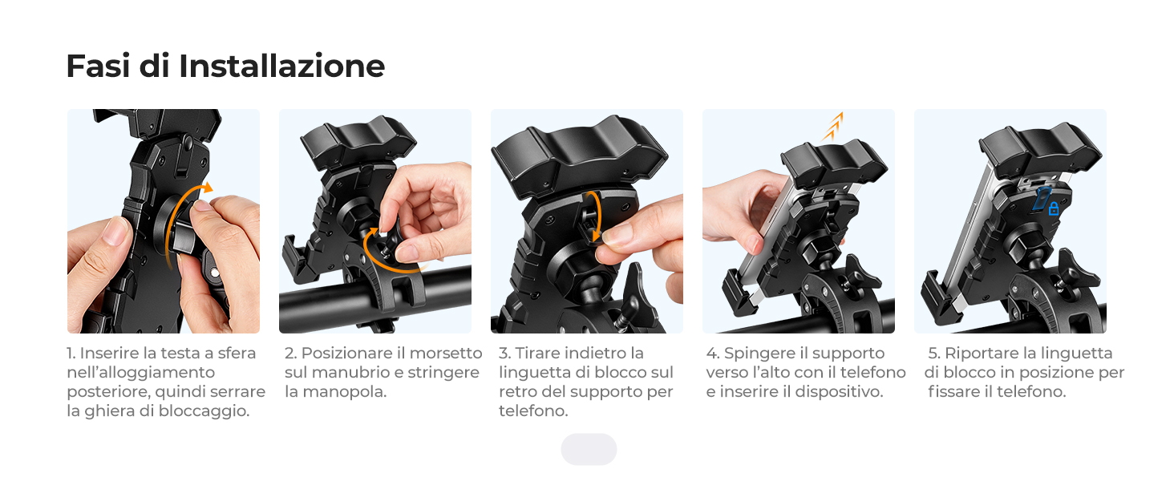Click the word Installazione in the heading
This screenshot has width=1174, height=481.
tap(282, 66)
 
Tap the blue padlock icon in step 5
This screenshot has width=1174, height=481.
tap(1054, 209)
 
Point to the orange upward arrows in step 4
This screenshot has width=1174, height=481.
tap(834, 127)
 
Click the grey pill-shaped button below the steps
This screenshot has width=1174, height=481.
tap(589, 449)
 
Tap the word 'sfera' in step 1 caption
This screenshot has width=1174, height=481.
tap(237, 354)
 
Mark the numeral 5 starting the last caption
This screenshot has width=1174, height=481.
tap(933, 354)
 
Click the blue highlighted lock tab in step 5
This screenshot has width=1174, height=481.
tap(1042, 199)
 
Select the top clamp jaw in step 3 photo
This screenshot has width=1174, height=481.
tap(580, 152)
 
